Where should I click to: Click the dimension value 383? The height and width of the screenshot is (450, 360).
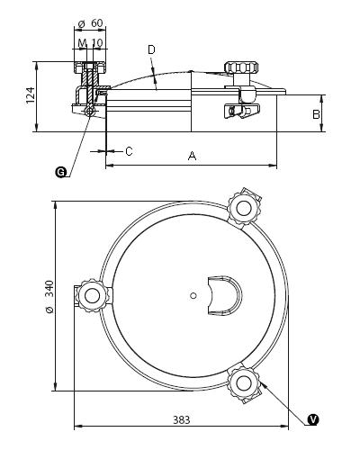(x=182, y=419)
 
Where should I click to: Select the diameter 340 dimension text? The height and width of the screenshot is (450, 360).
(x=49, y=297)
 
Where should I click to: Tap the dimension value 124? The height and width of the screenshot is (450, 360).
(x=31, y=95)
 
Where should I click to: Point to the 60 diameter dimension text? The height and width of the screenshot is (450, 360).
(x=90, y=23)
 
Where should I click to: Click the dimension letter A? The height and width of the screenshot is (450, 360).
(x=192, y=156)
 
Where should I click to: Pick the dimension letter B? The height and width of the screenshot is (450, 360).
(x=316, y=114)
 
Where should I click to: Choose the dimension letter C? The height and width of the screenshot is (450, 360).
(x=129, y=151)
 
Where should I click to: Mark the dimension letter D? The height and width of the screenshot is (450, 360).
(x=151, y=49)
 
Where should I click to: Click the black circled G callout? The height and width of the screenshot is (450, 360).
(x=61, y=172)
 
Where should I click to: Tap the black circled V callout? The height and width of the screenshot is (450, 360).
(x=313, y=419)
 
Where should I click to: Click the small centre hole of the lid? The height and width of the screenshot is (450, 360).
(x=193, y=296)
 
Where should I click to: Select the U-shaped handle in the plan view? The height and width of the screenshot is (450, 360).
(x=225, y=295)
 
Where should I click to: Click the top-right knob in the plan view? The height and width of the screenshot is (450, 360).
(x=244, y=208)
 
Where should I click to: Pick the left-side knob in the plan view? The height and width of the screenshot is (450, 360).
(x=92, y=296)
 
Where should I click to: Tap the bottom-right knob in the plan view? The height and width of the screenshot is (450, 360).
(x=244, y=382)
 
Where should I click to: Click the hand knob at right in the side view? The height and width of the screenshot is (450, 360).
(x=241, y=67)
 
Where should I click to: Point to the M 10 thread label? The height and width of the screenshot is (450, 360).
(x=90, y=42)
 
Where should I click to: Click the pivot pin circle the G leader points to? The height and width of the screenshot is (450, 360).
(x=90, y=112)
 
